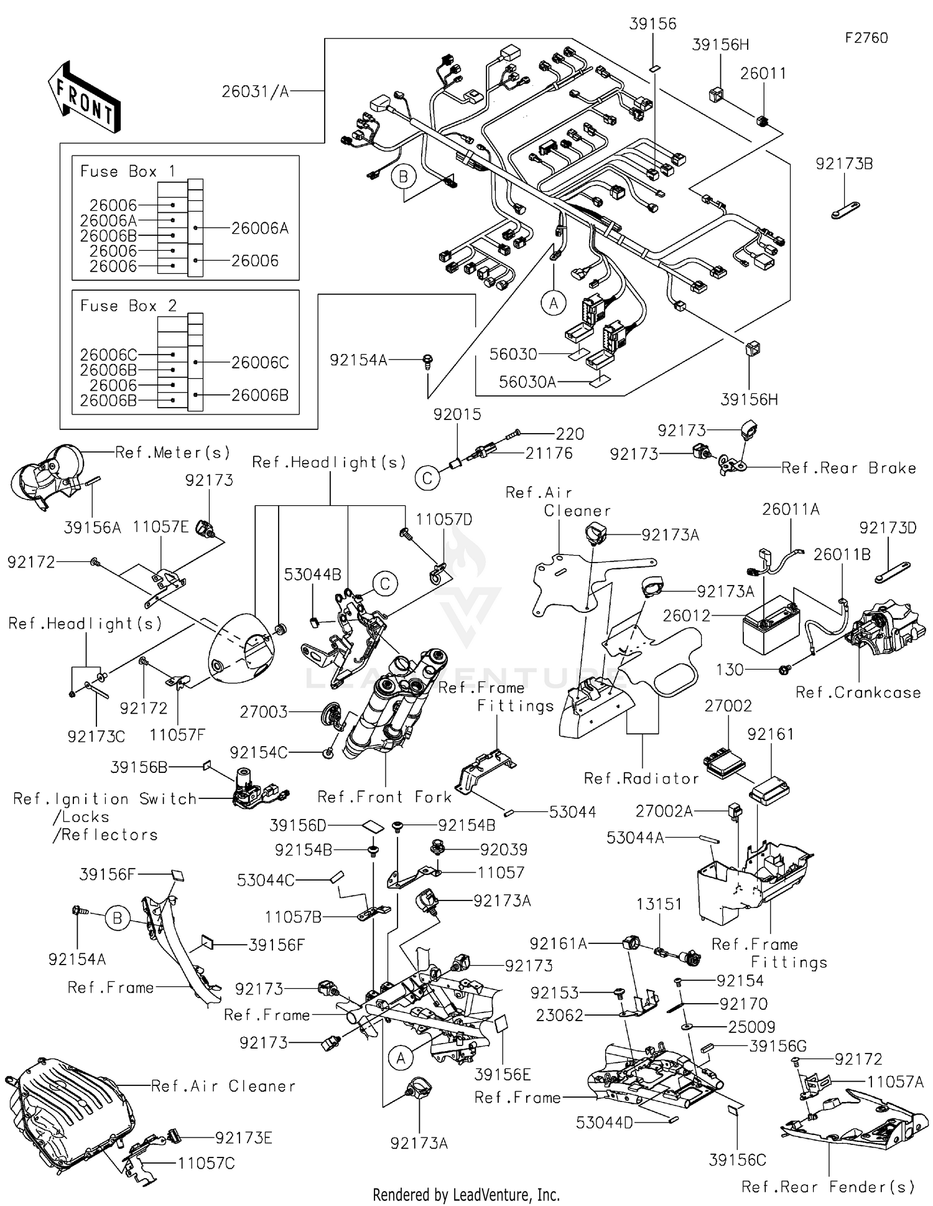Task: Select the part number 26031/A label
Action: (255, 92)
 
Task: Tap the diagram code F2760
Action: (866, 38)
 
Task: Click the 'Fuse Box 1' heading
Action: (128, 171)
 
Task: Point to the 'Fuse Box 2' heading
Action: (128, 306)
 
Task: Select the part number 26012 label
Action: (686, 615)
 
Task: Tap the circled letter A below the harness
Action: (553, 303)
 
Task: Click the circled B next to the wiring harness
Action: (403, 177)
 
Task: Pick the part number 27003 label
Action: (263, 711)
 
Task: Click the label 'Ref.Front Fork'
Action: (384, 797)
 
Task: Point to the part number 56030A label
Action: (527, 382)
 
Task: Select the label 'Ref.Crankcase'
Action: (858, 693)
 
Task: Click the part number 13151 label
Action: (659, 904)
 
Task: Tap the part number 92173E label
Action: (243, 1138)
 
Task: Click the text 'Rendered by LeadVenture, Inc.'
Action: (466, 1194)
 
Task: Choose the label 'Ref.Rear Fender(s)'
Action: (828, 1187)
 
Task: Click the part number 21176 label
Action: (549, 453)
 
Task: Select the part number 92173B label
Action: (843, 164)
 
